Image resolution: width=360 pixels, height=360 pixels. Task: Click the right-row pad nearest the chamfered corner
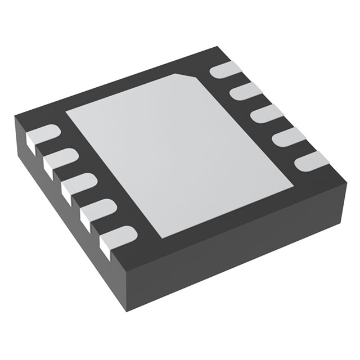click(x=224, y=70)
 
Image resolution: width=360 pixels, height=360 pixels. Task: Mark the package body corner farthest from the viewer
click(x=215, y=47)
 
